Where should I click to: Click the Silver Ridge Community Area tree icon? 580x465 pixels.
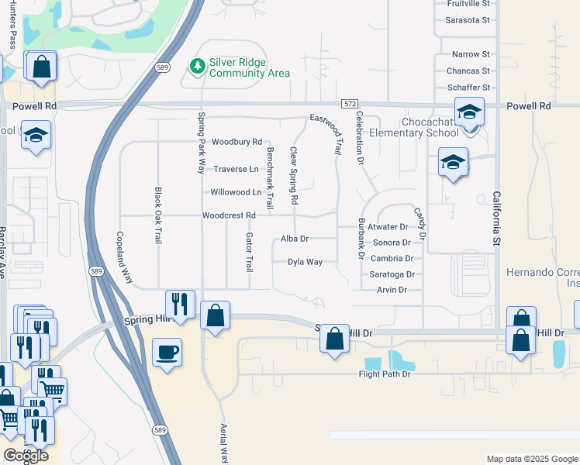[197, 67]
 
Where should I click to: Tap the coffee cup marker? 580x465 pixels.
[167, 353]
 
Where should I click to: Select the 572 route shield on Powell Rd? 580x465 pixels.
[349, 104]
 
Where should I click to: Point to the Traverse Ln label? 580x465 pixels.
[236, 169]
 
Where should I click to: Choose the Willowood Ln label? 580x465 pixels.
[235, 191]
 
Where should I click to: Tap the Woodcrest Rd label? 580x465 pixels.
[229, 215]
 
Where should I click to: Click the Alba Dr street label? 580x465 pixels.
[295, 239]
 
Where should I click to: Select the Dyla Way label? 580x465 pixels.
[305, 262]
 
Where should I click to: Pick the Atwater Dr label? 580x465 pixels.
[388, 227]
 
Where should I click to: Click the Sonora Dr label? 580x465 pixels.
[391, 243]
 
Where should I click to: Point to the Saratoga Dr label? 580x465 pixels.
[392, 274]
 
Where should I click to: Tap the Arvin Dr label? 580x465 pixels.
[392, 290]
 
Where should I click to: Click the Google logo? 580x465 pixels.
[26, 455]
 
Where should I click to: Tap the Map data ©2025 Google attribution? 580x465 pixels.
[530, 459]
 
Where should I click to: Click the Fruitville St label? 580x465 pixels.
[469, 4]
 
